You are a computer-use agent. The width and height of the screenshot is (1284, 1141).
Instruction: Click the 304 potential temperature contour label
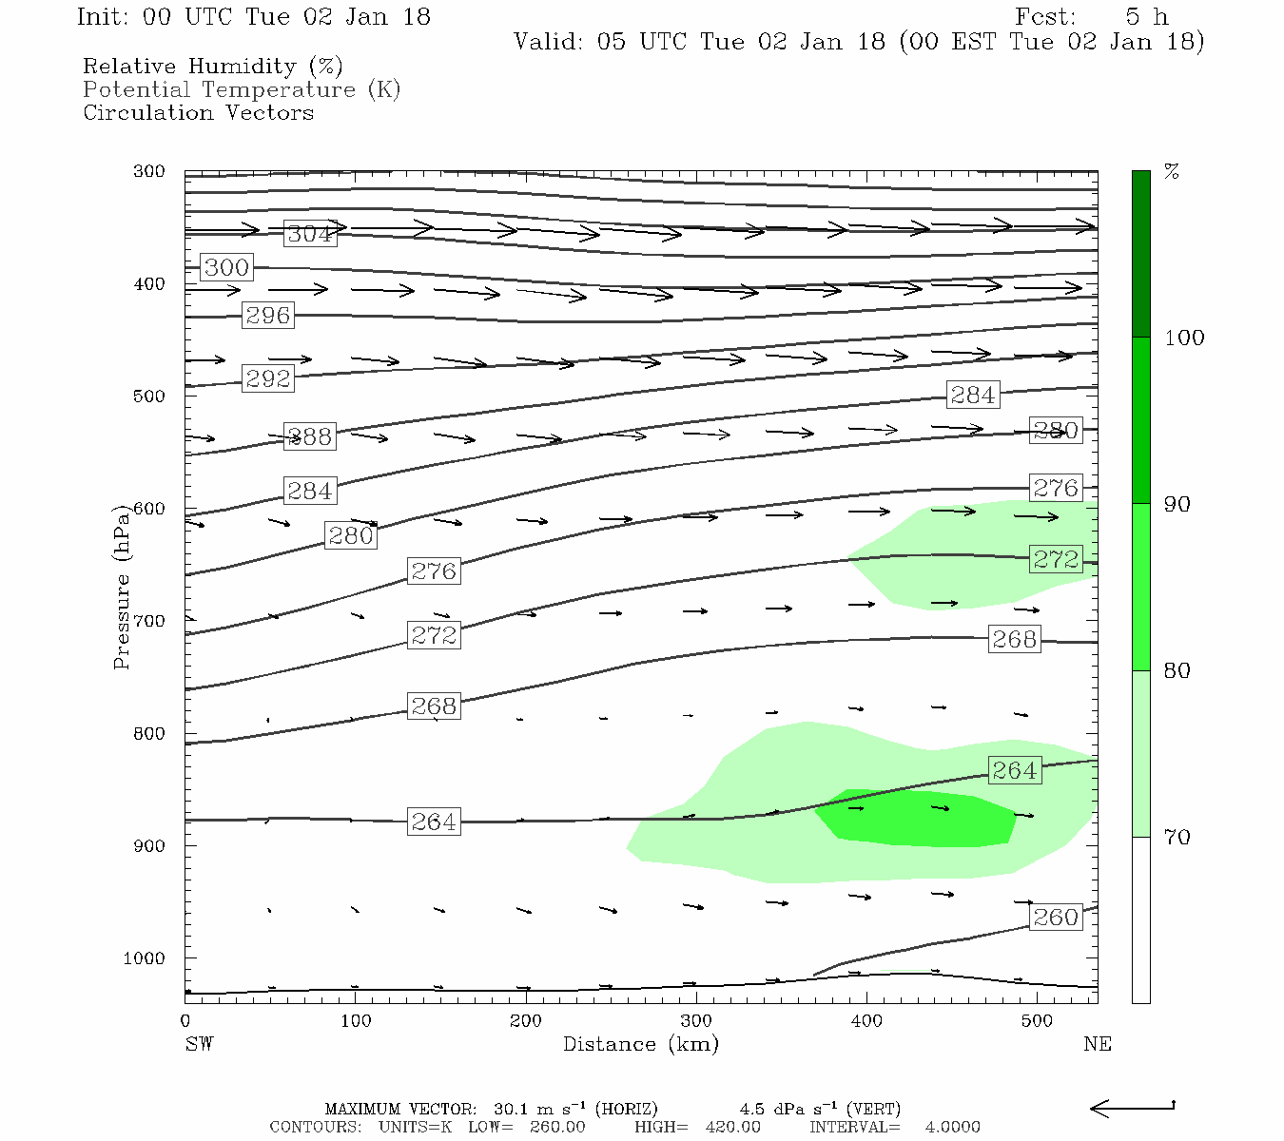(310, 234)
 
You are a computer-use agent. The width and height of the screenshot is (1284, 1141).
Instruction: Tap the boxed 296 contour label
(267, 316)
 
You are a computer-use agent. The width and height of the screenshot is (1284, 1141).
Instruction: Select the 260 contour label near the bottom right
(1056, 918)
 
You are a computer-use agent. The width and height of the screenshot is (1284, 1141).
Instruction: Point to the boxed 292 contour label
(267, 378)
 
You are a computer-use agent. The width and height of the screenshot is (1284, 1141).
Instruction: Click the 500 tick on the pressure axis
(149, 396)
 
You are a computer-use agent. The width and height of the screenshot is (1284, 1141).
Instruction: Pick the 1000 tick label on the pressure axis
(144, 958)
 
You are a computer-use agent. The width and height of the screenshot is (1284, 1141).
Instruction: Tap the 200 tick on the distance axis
(525, 1021)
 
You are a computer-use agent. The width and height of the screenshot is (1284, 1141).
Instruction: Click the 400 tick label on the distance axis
(866, 1021)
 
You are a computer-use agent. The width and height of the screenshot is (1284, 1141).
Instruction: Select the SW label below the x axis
(199, 1044)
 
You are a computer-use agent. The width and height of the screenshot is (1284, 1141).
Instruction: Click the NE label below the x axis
(1097, 1044)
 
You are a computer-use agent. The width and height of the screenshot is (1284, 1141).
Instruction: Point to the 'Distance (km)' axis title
(640, 1044)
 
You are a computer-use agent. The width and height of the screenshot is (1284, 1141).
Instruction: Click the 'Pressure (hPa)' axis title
(122, 587)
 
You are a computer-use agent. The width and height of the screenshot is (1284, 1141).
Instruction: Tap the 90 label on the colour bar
(1177, 504)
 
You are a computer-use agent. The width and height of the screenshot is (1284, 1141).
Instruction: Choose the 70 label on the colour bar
(1177, 838)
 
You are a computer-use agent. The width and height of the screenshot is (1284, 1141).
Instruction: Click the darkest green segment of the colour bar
(1140, 254)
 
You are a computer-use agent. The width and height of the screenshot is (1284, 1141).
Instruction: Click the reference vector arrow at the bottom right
(1132, 1108)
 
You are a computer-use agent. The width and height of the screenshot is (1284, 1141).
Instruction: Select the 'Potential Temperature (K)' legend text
(242, 89)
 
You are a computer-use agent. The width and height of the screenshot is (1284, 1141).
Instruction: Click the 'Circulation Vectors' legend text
(198, 112)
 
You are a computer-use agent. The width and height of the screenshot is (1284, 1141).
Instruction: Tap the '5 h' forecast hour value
(1146, 17)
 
